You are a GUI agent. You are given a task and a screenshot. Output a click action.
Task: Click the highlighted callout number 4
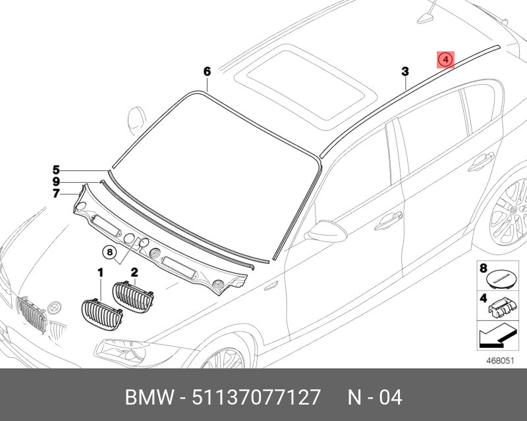coord(446,60)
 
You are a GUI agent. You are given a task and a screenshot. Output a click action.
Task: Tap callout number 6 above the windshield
coord(206,71)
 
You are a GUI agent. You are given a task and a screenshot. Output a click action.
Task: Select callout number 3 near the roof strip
coord(405,71)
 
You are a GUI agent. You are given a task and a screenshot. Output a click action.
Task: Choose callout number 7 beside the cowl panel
coord(57,193)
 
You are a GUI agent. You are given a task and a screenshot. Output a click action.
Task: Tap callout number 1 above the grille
coord(100,272)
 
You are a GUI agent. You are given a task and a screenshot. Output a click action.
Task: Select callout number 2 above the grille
coord(134,272)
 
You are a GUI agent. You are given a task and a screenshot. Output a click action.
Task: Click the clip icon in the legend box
coord(501,305)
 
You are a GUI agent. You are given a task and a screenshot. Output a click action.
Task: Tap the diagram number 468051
coord(501,359)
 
